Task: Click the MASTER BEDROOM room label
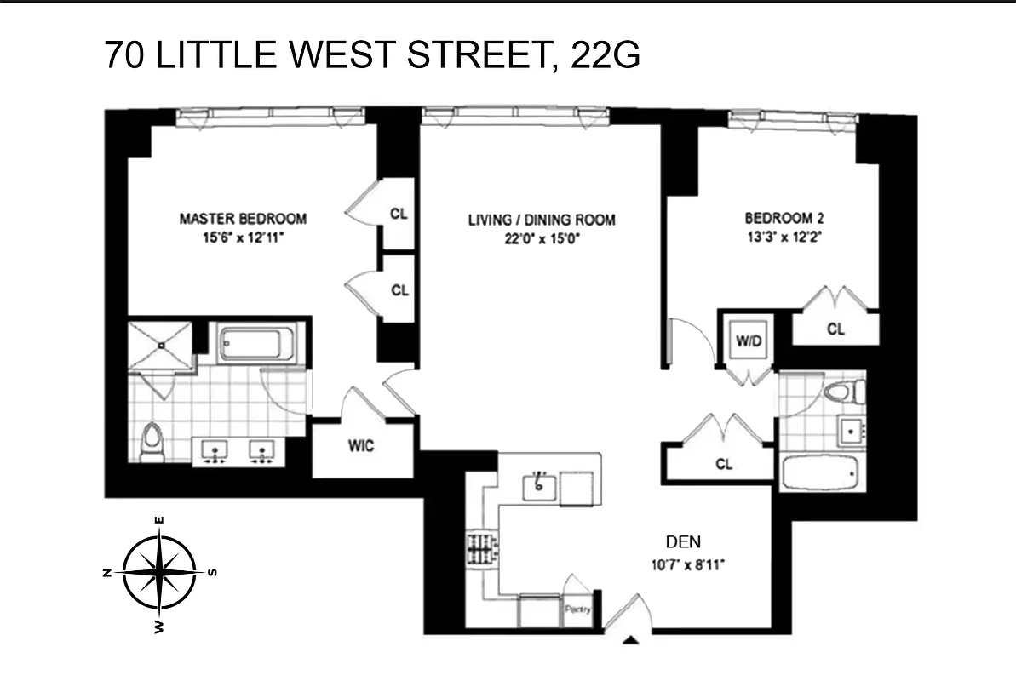pos(243,219)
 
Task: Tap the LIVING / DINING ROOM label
pos(542,220)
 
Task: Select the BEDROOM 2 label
pos(784,218)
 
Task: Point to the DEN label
pos(683,541)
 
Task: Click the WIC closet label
pos(361,445)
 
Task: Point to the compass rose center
pos(159,571)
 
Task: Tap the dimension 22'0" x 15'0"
pos(542,239)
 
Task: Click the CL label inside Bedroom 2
pos(835,329)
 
